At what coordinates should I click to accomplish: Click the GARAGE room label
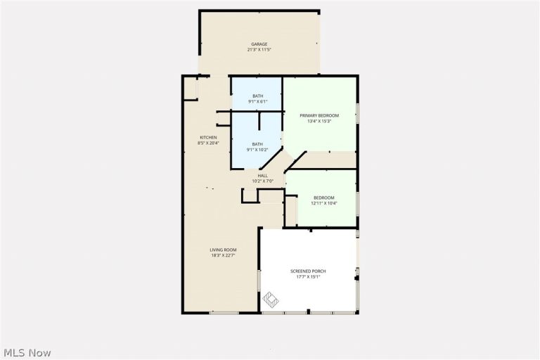(259, 44)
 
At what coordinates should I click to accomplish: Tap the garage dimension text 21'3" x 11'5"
(259, 50)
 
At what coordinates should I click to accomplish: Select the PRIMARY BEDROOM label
(319, 116)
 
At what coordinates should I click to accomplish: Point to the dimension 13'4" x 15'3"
(319, 121)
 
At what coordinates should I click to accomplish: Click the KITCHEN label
(208, 137)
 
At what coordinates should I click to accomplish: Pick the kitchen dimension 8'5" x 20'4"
(208, 143)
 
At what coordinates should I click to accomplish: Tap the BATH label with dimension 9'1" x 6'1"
(257, 96)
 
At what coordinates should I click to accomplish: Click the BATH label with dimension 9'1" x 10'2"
(257, 144)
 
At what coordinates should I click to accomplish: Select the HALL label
(262, 176)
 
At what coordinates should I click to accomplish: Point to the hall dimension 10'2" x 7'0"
(262, 181)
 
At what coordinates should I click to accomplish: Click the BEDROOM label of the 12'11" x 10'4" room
(323, 198)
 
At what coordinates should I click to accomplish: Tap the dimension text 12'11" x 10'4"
(323, 203)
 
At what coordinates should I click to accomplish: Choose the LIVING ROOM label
(223, 250)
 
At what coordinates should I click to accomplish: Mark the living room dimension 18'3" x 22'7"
(223, 256)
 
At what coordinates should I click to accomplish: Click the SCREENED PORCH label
(308, 271)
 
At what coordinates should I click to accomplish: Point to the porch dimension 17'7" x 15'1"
(308, 276)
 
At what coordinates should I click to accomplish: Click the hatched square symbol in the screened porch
(270, 300)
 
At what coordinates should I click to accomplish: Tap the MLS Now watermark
(27, 353)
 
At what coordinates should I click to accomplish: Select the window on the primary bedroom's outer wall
(357, 113)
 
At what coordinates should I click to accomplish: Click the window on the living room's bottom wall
(224, 313)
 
